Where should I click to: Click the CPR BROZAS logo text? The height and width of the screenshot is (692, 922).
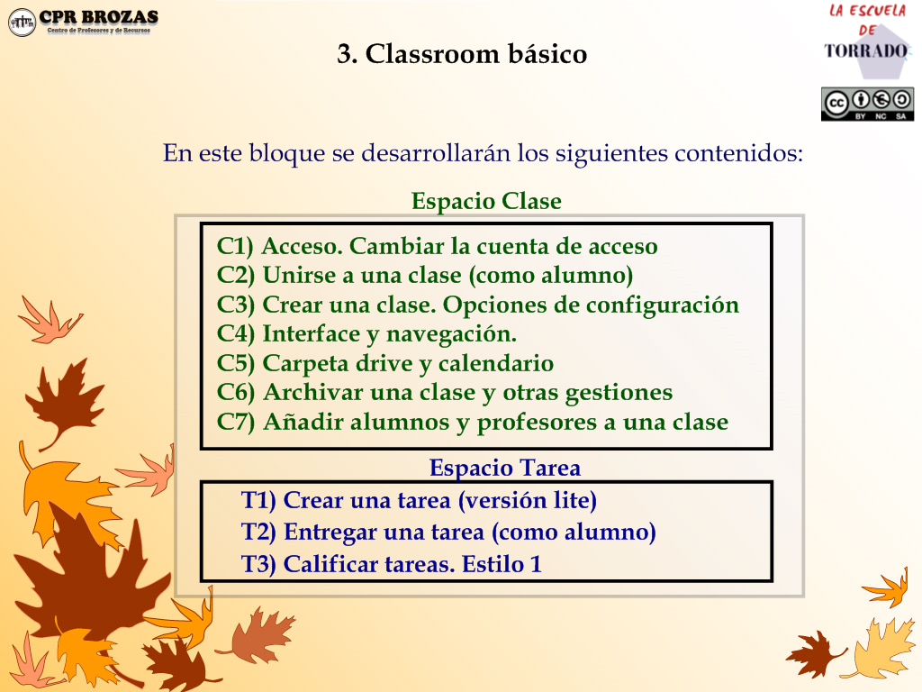99,16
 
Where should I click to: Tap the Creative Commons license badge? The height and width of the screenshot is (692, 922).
867,105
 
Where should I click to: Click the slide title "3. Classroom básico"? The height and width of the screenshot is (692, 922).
462,53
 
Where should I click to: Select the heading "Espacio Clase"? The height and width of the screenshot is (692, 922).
486,201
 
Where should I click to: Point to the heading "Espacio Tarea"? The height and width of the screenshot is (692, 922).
505,468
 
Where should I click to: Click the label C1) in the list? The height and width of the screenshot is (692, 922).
235,247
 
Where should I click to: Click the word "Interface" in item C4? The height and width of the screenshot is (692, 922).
311,333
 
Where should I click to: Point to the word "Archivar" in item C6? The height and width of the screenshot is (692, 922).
312,393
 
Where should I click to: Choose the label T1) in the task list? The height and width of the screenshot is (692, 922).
258,501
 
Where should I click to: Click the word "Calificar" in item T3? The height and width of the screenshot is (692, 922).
330,564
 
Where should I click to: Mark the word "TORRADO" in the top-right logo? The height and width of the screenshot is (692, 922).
865,50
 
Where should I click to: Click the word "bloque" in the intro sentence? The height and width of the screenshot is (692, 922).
287,153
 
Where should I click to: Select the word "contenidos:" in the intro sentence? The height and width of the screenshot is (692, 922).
738,153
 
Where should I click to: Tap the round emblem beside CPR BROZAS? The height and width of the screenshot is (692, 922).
23,23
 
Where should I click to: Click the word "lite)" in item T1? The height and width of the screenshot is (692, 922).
575,501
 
